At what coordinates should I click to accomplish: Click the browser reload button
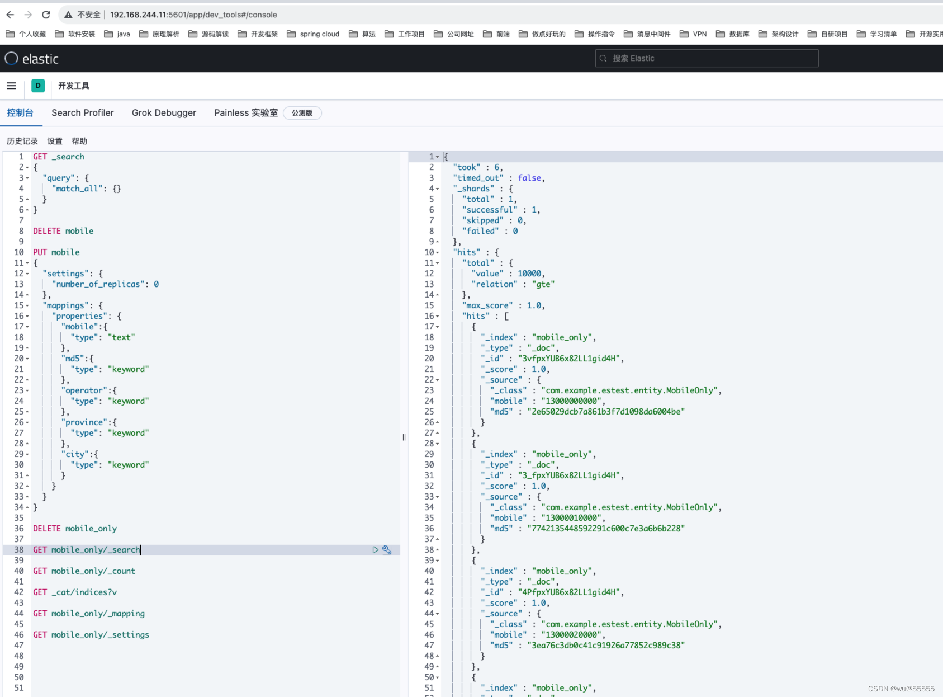[x=46, y=15]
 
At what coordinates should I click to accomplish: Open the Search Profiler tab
[x=83, y=112]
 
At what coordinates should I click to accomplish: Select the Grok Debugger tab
[x=164, y=112]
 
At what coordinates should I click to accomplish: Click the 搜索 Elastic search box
[x=707, y=58]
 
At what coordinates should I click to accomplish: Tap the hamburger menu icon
[x=11, y=86]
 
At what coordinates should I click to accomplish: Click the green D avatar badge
[x=38, y=86]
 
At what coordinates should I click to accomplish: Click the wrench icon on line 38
[x=387, y=550]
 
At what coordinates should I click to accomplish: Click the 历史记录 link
[x=22, y=141]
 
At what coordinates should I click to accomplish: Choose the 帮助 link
[x=79, y=141]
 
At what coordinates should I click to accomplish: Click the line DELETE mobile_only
[x=75, y=529]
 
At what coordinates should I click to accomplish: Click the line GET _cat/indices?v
[x=75, y=592]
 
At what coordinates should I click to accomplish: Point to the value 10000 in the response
[x=529, y=274]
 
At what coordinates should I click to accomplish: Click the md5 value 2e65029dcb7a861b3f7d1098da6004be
[x=605, y=412]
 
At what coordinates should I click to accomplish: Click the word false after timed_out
[x=529, y=178]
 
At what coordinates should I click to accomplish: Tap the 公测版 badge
[x=302, y=113]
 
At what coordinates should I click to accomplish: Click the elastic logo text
[x=40, y=59]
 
